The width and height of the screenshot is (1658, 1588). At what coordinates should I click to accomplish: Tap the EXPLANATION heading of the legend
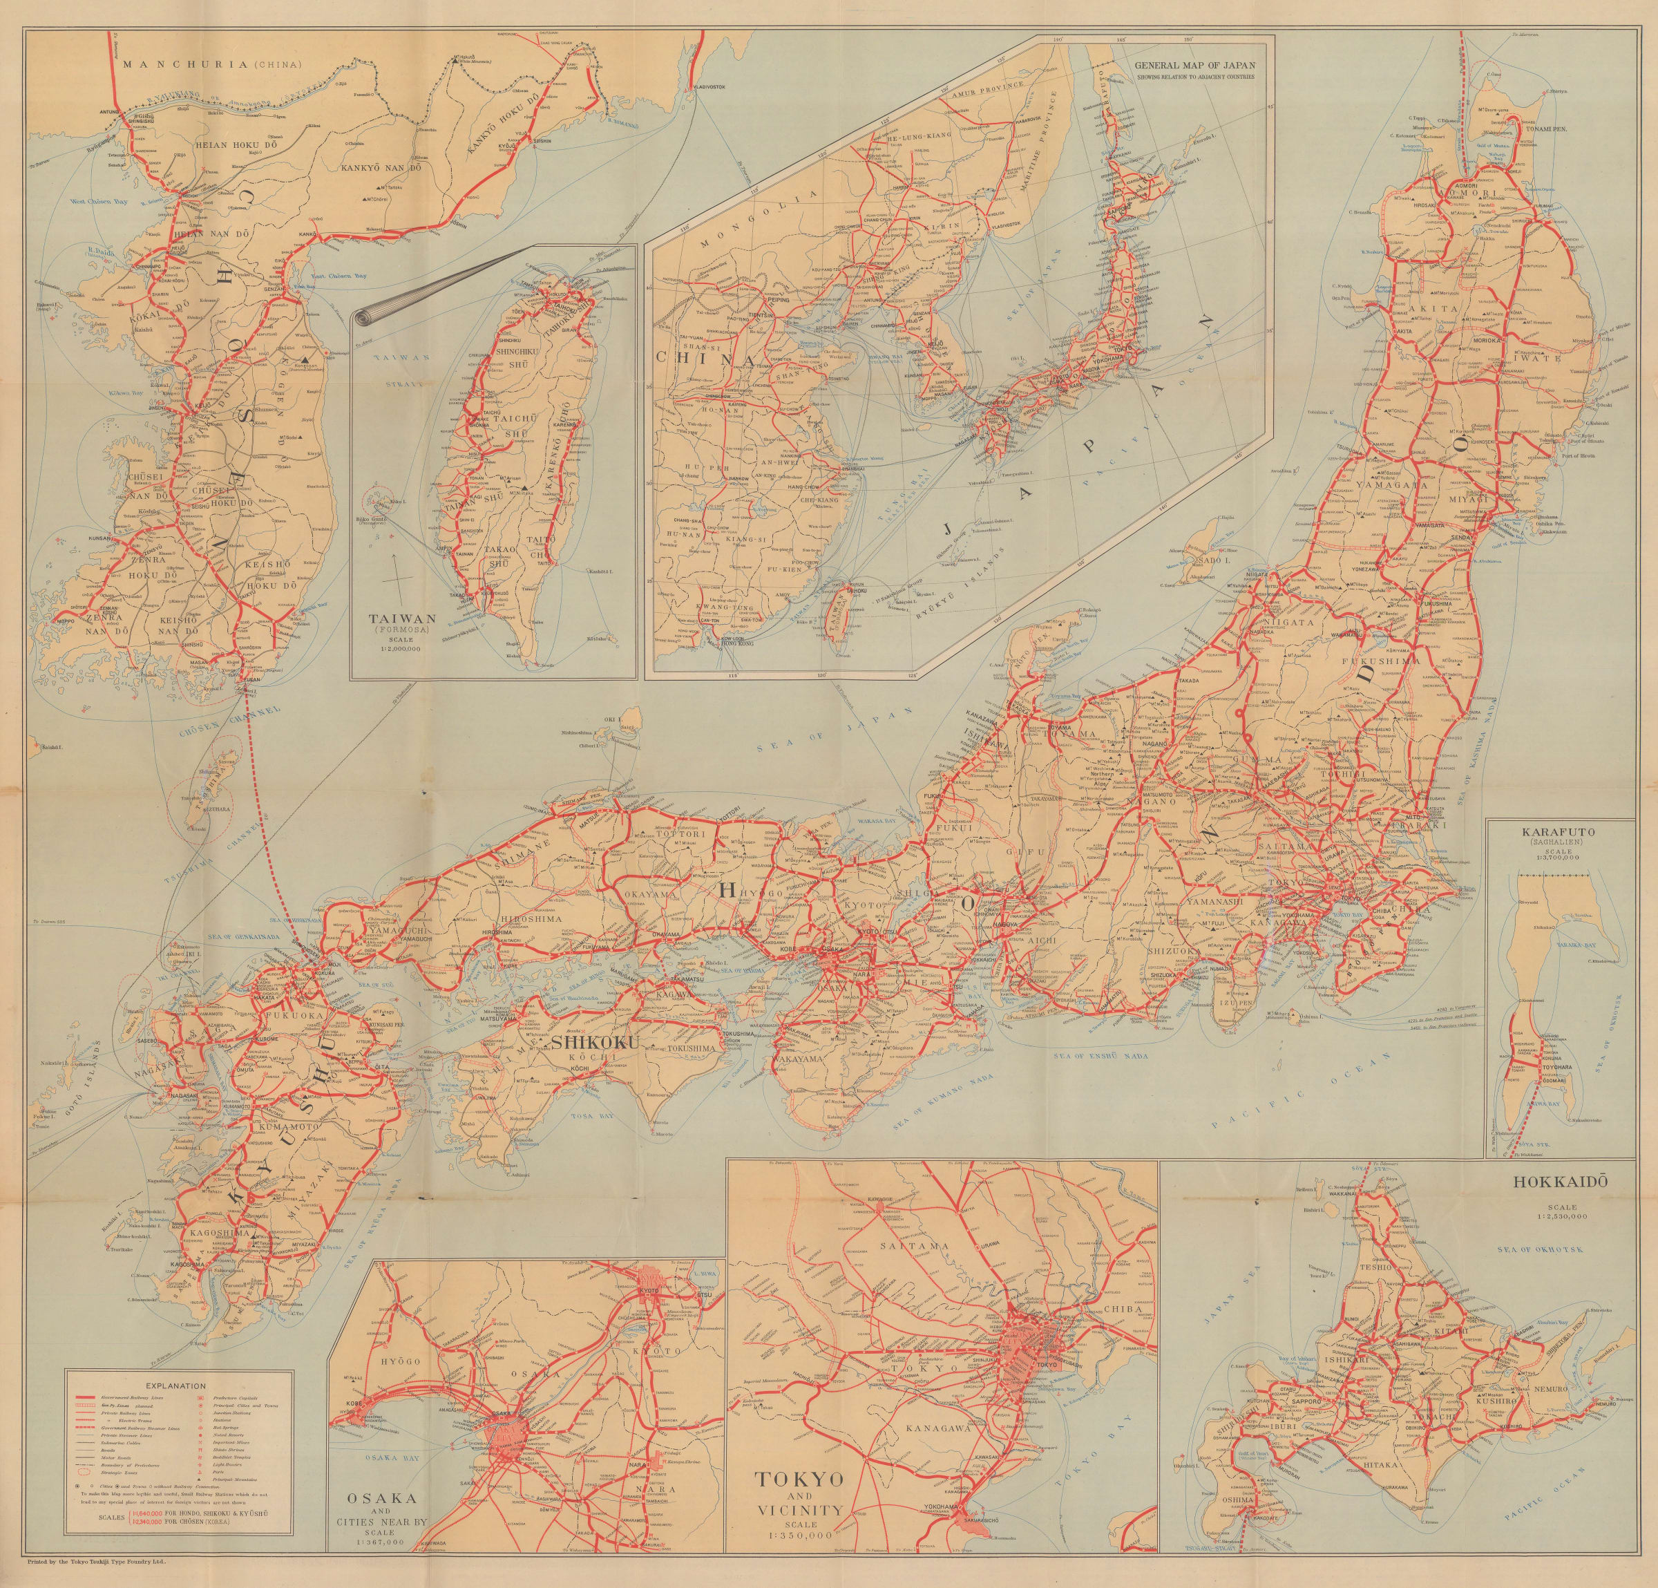coord(176,1386)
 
